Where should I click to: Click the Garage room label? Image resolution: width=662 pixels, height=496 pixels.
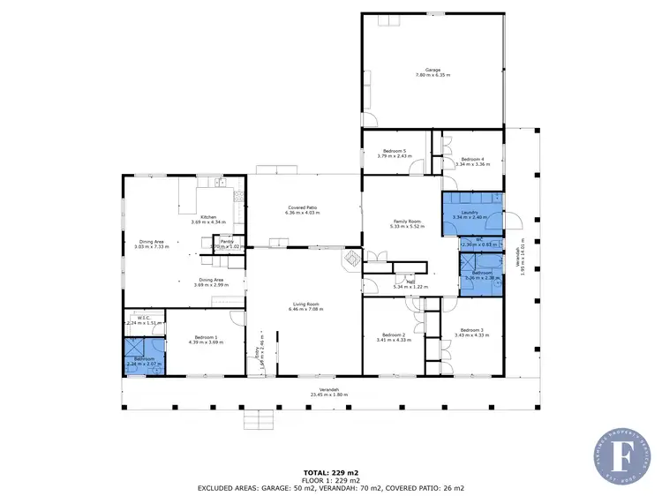433,68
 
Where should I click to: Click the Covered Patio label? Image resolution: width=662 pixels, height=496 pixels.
301,207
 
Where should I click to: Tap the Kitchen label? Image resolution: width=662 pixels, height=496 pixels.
208,217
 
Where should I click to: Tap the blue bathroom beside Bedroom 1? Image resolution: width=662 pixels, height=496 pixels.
144,362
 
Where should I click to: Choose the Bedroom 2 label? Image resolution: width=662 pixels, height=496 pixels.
393,334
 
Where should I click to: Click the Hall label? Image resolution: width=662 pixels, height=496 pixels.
410,282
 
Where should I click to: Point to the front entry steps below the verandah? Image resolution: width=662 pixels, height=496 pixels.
257,418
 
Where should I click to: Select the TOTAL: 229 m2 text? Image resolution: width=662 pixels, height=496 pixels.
330,472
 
